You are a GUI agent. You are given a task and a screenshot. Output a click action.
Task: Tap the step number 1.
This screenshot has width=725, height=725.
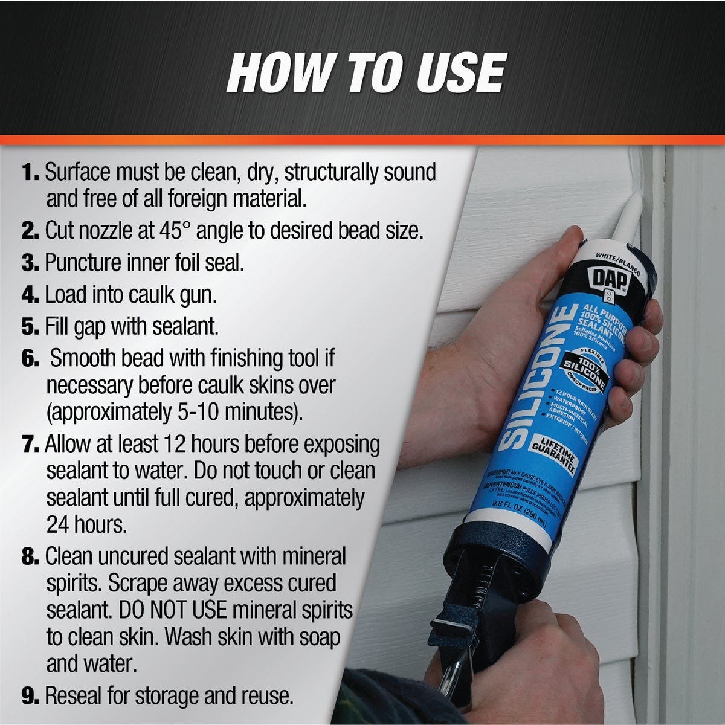(x=31, y=173)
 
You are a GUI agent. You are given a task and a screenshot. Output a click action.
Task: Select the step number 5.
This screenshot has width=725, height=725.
(x=30, y=327)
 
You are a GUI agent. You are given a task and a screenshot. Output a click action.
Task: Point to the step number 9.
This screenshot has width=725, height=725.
(x=30, y=696)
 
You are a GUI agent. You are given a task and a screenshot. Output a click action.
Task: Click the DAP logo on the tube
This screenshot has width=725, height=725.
(x=610, y=279)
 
